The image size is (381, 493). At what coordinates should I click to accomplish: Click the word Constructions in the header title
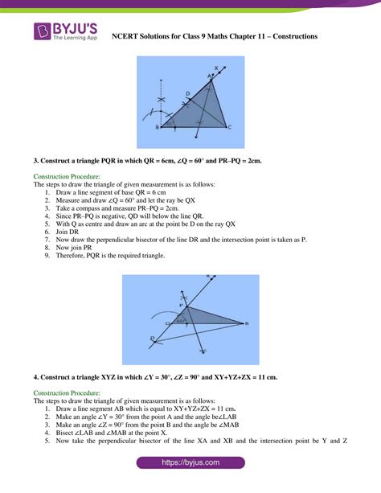[x=289, y=36]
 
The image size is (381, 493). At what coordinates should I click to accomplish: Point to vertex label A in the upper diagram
[x=210, y=76]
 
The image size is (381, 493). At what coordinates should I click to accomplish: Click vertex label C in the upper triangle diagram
[x=231, y=127]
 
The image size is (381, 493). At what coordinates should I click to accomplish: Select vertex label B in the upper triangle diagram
[x=157, y=127]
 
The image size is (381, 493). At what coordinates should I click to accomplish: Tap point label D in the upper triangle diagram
[x=187, y=94]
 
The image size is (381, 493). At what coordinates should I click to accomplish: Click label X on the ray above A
[x=215, y=68]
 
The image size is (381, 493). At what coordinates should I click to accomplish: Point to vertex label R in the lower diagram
[x=247, y=323]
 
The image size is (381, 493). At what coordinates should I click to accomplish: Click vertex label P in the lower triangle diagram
[x=182, y=306]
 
